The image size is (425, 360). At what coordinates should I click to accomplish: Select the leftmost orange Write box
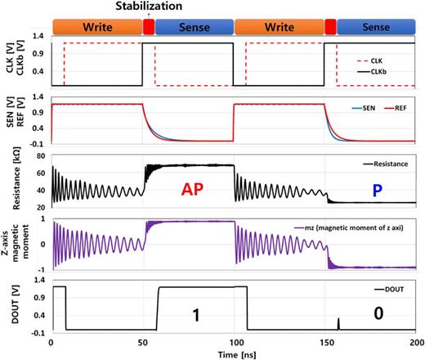click(x=96, y=26)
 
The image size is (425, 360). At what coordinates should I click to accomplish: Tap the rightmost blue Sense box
click(x=372, y=26)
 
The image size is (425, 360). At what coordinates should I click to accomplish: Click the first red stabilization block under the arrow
click(x=148, y=26)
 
